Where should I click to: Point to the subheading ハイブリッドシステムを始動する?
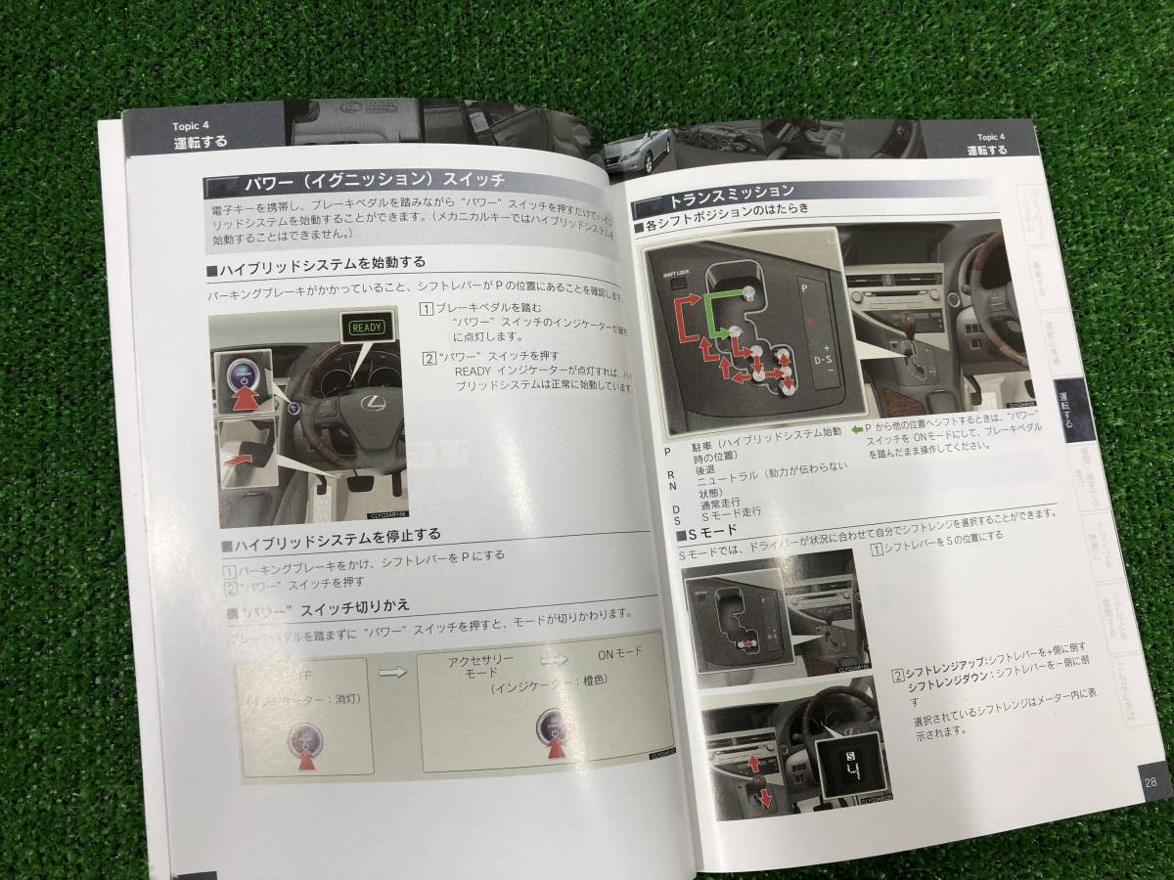point(322,263)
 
